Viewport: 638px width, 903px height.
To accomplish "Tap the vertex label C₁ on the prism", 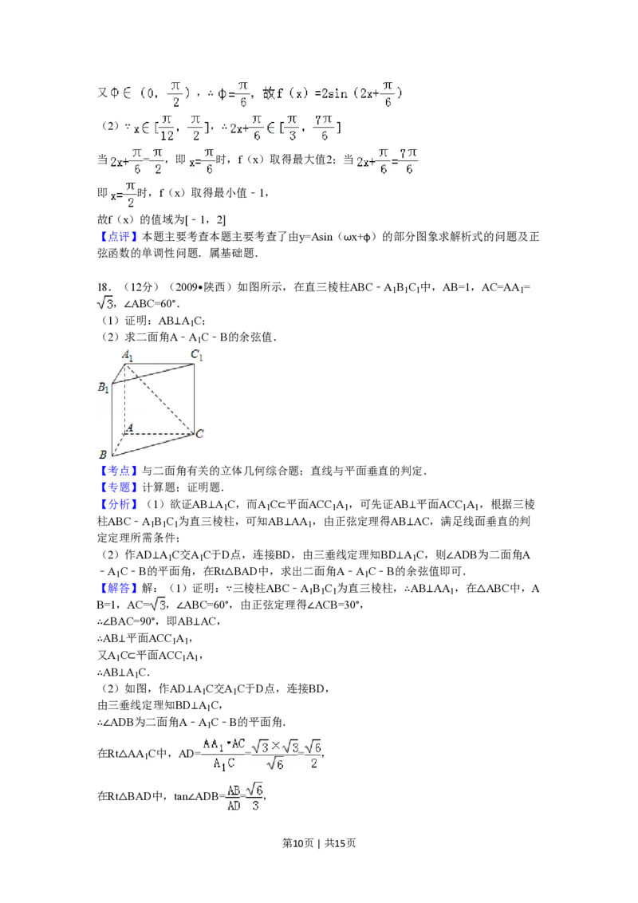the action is click(x=196, y=355).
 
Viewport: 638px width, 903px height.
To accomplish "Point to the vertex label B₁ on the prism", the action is click(x=104, y=388).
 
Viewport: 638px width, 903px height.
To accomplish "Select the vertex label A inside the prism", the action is click(x=129, y=428).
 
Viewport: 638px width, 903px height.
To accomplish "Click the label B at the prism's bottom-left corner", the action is click(x=103, y=454).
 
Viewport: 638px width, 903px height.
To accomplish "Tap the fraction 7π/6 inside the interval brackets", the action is click(x=323, y=128).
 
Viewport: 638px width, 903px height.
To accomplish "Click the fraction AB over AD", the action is click(x=233, y=797).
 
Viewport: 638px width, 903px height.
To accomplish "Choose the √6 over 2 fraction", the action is click(x=314, y=754).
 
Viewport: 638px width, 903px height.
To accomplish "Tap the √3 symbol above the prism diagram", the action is click(x=105, y=303).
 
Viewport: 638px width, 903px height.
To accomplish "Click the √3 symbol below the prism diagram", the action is click(x=156, y=605).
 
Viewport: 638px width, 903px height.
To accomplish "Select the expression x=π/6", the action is click(x=202, y=162).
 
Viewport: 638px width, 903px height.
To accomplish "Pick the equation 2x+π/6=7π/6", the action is click(x=387, y=162).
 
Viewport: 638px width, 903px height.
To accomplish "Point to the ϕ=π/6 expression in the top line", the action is click(x=234, y=93).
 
